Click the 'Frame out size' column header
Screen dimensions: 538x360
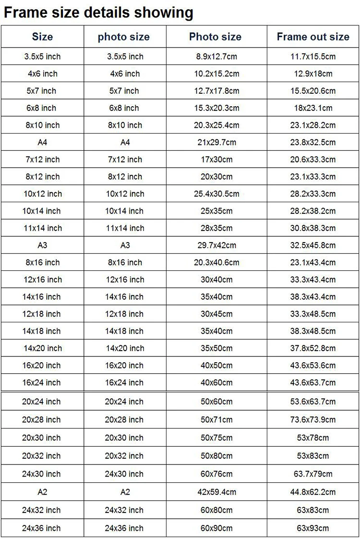pyautogui.click(x=313, y=37)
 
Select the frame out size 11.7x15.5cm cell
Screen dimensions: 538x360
pyautogui.click(x=313, y=57)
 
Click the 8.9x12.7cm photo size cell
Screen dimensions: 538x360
pyautogui.click(x=216, y=57)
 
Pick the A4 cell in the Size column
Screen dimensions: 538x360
pyautogui.click(x=42, y=143)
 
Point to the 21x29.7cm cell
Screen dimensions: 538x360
pyautogui.click(x=216, y=143)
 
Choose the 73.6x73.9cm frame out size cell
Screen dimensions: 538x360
pyautogui.click(x=313, y=420)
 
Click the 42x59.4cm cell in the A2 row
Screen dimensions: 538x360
pyautogui.click(x=216, y=492)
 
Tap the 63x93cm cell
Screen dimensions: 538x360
pyautogui.click(x=313, y=528)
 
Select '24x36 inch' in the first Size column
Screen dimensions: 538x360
pyautogui.click(x=42, y=528)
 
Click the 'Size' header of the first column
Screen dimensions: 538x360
pyautogui.click(x=42, y=37)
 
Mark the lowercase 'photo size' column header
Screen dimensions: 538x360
pyautogui.click(x=124, y=37)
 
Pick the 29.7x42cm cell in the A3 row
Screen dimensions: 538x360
pyautogui.click(x=216, y=245)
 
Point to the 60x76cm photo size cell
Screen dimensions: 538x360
pyautogui.click(x=216, y=474)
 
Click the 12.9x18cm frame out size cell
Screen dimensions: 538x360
pyautogui.click(x=313, y=74)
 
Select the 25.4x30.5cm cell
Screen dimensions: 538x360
pyautogui.click(x=216, y=194)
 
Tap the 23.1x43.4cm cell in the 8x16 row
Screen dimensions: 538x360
pyautogui.click(x=313, y=263)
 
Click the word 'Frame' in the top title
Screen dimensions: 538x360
pyautogui.click(x=22, y=12)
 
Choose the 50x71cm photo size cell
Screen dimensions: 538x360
pyautogui.click(x=216, y=420)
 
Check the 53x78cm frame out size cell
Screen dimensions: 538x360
pyautogui.click(x=313, y=438)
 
